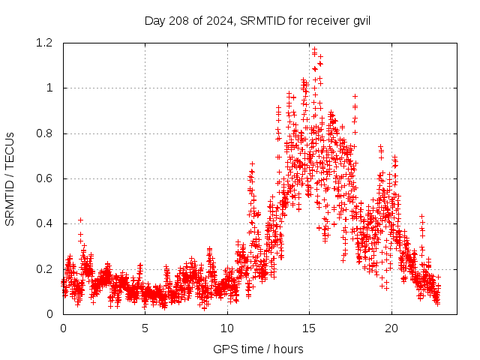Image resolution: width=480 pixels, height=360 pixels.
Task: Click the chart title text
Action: pos(258,20)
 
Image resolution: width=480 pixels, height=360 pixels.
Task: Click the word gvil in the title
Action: pos(360,20)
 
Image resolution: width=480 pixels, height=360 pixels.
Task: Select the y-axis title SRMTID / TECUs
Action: pos(10,178)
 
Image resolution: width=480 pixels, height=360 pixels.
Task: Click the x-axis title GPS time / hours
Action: pos(258,349)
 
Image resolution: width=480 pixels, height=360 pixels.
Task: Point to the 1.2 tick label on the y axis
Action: pos(47,43)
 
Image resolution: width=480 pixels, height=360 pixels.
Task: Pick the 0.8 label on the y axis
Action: pos(47,133)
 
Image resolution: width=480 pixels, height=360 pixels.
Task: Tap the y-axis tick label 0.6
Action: pos(47,178)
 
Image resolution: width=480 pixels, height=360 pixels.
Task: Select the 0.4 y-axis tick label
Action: pos(47,223)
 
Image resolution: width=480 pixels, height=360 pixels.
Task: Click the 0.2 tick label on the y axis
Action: pos(47,269)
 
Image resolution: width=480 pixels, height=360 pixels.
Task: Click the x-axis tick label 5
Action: pos(145,328)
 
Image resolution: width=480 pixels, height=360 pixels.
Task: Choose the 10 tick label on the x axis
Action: pos(227,328)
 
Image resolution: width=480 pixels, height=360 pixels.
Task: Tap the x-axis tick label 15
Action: pos(310,328)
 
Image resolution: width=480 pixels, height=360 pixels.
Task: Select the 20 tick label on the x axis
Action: pos(391,328)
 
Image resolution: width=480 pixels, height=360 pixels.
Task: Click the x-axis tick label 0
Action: pos(63,328)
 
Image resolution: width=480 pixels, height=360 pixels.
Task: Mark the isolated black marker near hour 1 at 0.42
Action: pos(80,220)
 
